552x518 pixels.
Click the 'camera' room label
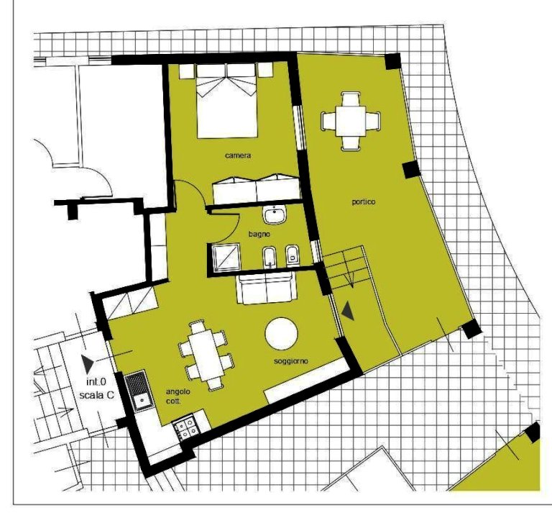click(238, 155)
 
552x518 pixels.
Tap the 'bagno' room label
click(259, 234)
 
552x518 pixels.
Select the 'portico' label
click(363, 202)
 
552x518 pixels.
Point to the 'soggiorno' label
click(291, 361)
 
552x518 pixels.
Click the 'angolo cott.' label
click(178, 396)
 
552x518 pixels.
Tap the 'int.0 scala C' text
click(96, 388)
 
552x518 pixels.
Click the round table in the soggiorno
click(281, 334)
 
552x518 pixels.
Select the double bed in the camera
click(227, 101)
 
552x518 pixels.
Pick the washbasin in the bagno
click(275, 215)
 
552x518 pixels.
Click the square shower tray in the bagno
click(226, 258)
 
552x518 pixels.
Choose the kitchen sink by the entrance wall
click(139, 391)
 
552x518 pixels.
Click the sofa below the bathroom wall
click(267, 289)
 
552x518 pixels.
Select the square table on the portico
click(351, 121)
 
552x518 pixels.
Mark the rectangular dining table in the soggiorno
click(206, 355)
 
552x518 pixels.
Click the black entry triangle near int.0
click(86, 363)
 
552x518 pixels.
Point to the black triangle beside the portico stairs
click(348, 311)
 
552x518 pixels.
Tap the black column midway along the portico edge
click(411, 170)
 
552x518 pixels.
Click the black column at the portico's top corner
click(392, 61)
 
